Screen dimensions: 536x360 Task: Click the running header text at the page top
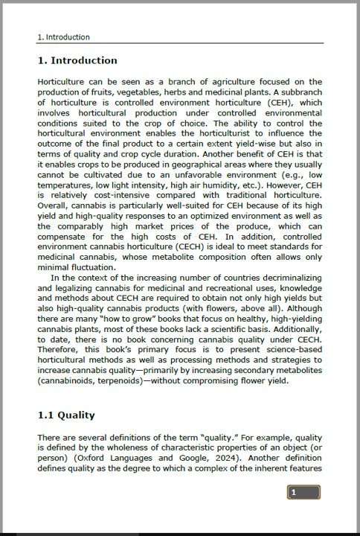(63, 36)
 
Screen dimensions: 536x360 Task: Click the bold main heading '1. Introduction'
(77, 60)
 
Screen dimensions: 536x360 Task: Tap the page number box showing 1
(303, 492)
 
